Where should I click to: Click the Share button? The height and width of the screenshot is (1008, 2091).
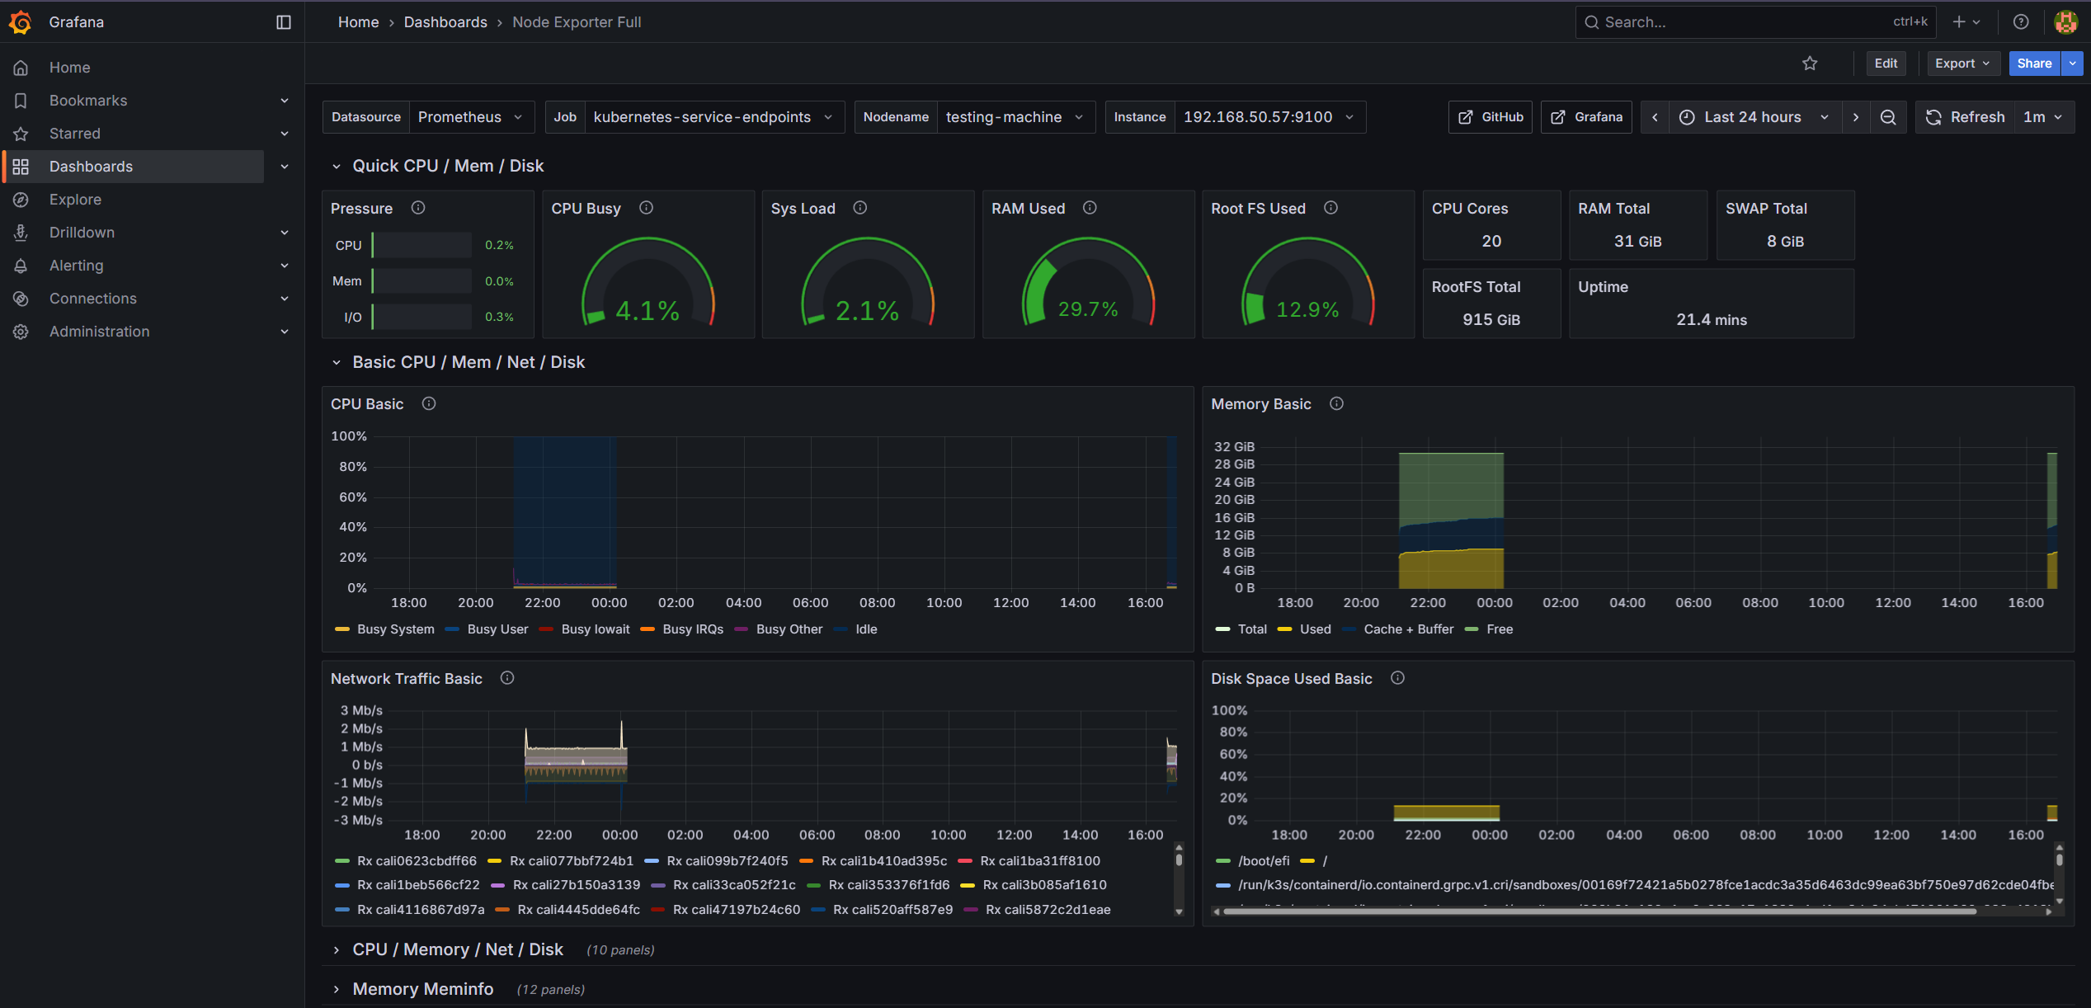[x=2033, y=64]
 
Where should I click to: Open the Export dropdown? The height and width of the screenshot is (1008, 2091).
[x=1961, y=64]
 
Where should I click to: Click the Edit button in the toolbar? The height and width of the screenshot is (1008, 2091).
[x=1885, y=64]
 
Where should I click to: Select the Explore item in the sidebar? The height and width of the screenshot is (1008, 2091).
[x=75, y=200]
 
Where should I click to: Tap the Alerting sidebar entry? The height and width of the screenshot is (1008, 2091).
[x=76, y=266]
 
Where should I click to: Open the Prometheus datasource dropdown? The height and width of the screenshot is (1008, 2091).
[x=469, y=117]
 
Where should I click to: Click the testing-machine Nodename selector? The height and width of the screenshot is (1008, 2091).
[x=1014, y=117]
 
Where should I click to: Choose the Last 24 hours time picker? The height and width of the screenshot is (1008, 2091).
[x=1752, y=117]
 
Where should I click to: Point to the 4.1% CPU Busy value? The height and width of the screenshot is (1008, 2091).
[x=648, y=311]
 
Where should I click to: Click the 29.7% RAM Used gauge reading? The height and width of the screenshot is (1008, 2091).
[x=1087, y=309]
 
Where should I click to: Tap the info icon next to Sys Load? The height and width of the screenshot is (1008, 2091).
[x=859, y=208]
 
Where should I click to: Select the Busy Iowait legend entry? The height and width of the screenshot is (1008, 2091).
[x=594, y=629]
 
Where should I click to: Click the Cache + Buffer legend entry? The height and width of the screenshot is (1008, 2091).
[x=1407, y=629]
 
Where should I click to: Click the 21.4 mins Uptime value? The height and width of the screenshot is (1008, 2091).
[x=1711, y=320]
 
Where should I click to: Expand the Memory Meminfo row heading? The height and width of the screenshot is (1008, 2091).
[x=422, y=989]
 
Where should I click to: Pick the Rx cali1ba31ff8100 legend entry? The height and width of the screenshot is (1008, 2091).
[x=1038, y=861]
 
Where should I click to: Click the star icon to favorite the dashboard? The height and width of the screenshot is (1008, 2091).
[x=1809, y=64]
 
